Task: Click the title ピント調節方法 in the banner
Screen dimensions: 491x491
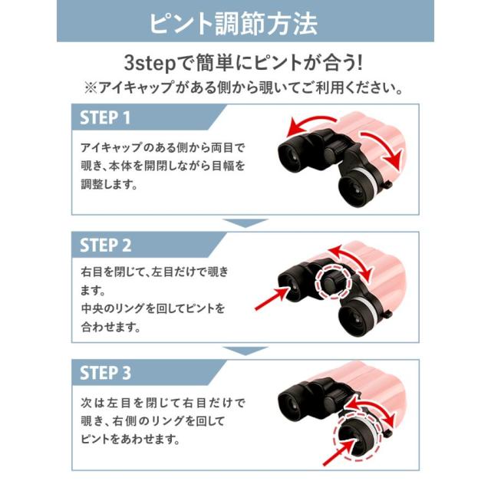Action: (x=233, y=24)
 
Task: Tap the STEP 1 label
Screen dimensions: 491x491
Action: (x=105, y=117)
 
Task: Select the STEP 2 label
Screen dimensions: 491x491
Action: (x=106, y=245)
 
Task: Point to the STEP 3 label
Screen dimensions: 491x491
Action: (x=106, y=373)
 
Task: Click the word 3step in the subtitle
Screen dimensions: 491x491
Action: (x=150, y=63)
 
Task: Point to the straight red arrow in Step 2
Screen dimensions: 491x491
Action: (x=272, y=298)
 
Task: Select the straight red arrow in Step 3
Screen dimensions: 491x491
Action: (x=341, y=452)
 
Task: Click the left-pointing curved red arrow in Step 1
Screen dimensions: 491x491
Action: (x=308, y=120)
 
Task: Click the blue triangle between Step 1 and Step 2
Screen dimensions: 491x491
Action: (x=245, y=223)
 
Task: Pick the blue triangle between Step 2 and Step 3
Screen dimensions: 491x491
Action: (x=245, y=351)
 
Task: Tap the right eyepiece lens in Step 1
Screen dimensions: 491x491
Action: (x=356, y=189)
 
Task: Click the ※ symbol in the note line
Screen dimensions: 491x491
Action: (x=91, y=87)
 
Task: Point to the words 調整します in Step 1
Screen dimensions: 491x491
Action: (x=109, y=184)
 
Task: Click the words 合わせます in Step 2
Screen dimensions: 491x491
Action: (x=110, y=327)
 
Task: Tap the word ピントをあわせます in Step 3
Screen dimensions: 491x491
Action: (x=130, y=439)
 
